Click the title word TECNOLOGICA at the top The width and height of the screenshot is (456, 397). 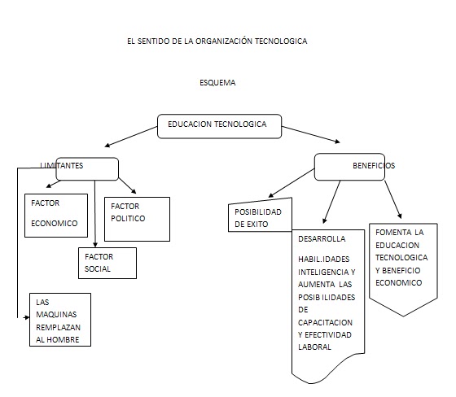click(x=279, y=41)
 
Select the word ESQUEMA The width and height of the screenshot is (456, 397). click(x=217, y=83)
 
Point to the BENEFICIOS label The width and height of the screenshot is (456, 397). click(x=373, y=165)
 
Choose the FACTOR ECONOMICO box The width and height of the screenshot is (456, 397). click(x=55, y=214)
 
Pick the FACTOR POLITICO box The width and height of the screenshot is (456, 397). click(x=137, y=218)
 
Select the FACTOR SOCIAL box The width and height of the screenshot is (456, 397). click(x=106, y=263)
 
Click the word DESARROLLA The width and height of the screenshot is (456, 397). click(x=322, y=239)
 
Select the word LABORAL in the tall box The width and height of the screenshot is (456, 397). click(x=315, y=347)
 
